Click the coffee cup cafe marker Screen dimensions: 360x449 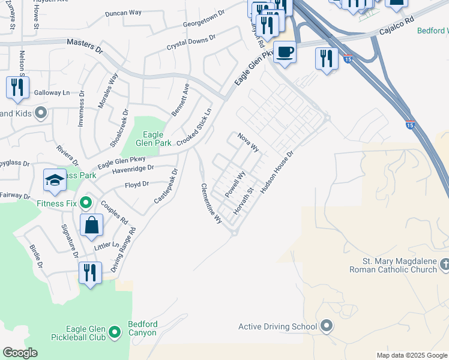click(x=284, y=52)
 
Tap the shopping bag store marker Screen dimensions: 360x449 click(x=91, y=226)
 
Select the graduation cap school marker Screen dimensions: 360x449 click(x=55, y=181)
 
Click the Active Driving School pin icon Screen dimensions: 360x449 click(x=327, y=326)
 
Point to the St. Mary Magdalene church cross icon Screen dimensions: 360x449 click(x=444, y=265)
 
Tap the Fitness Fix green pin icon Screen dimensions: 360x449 click(x=85, y=203)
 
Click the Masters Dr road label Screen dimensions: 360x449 click(x=85, y=44)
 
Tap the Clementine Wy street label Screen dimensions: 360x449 click(x=211, y=204)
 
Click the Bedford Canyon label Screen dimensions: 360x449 click(x=143, y=329)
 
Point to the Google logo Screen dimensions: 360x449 click(x=20, y=352)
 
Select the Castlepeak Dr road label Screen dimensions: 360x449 click(x=166, y=187)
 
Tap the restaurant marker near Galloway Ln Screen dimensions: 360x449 click(x=17, y=88)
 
